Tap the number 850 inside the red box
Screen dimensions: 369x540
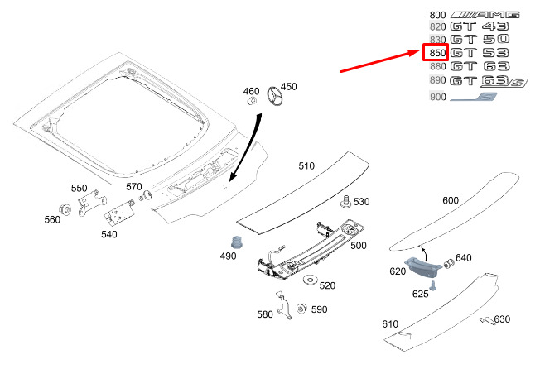click(x=436, y=53)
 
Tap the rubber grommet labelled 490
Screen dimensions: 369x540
click(x=235, y=242)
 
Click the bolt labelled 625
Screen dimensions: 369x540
click(x=432, y=283)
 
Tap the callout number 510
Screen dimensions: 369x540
click(x=306, y=165)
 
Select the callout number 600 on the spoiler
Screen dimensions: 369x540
click(x=451, y=200)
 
